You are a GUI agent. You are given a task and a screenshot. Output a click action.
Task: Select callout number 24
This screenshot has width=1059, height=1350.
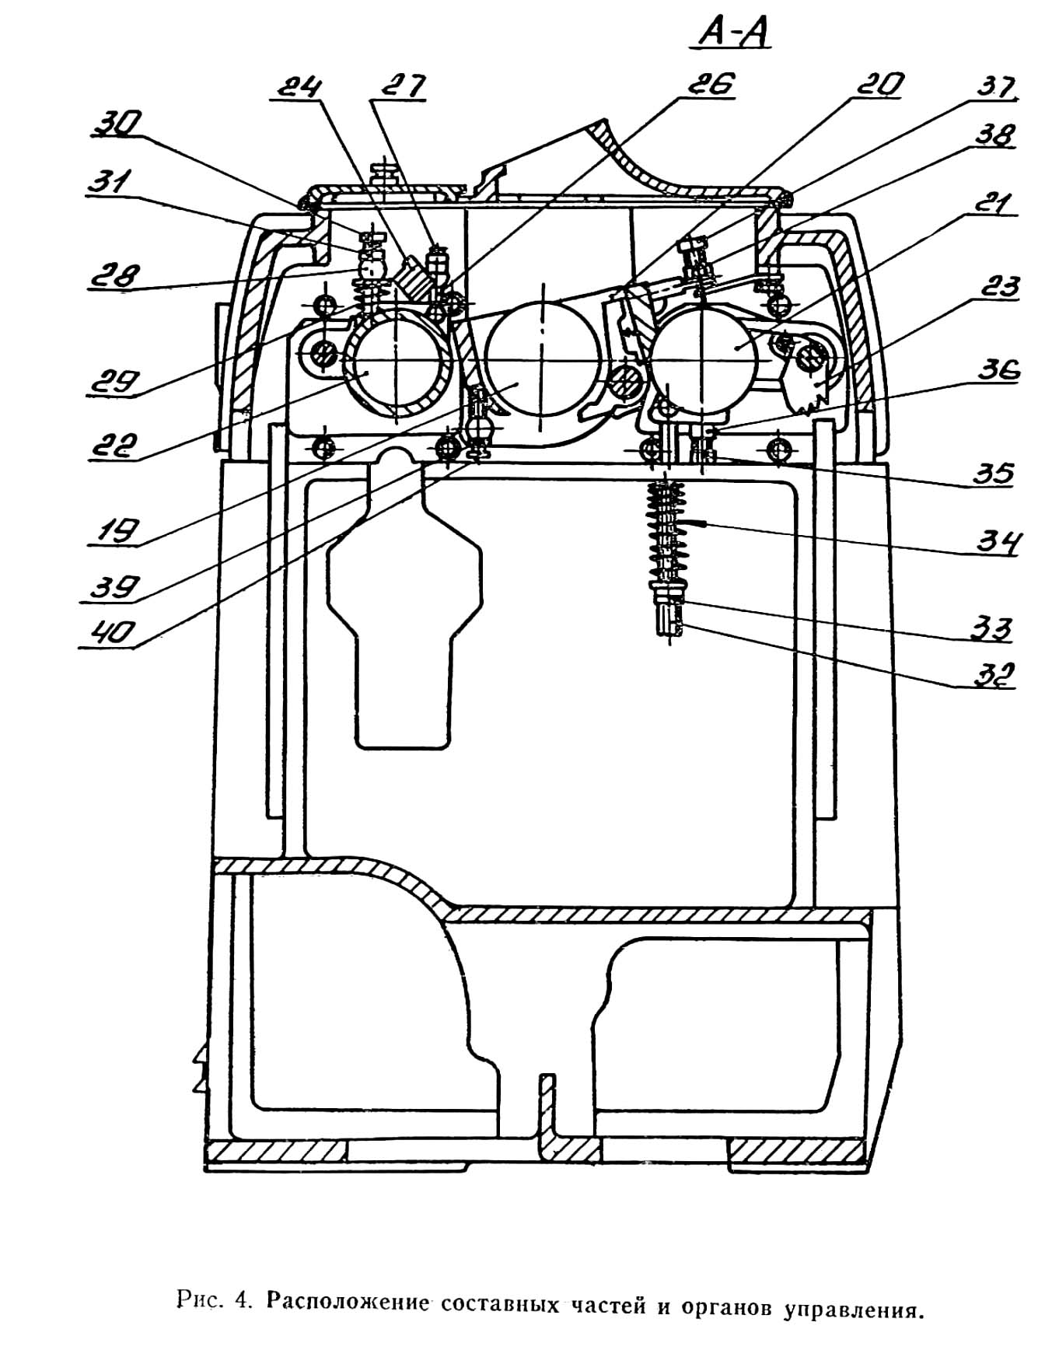click(x=297, y=86)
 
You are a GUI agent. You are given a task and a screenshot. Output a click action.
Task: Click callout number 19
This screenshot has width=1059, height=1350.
click(x=114, y=531)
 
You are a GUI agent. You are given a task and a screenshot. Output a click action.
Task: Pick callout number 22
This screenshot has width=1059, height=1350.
click(x=114, y=447)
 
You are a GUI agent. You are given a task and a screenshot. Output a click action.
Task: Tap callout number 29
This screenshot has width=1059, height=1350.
click(x=114, y=383)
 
